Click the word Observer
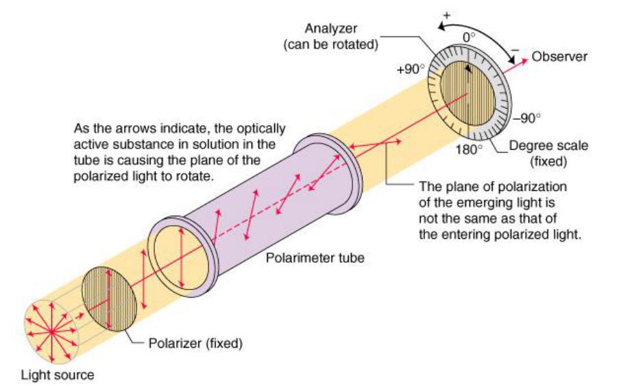pyautogui.click(x=559, y=57)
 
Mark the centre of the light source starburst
pyautogui.click(x=52, y=331)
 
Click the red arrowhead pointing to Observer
pyautogui.click(x=524, y=60)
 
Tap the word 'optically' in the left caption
pyautogui.click(x=256, y=128)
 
